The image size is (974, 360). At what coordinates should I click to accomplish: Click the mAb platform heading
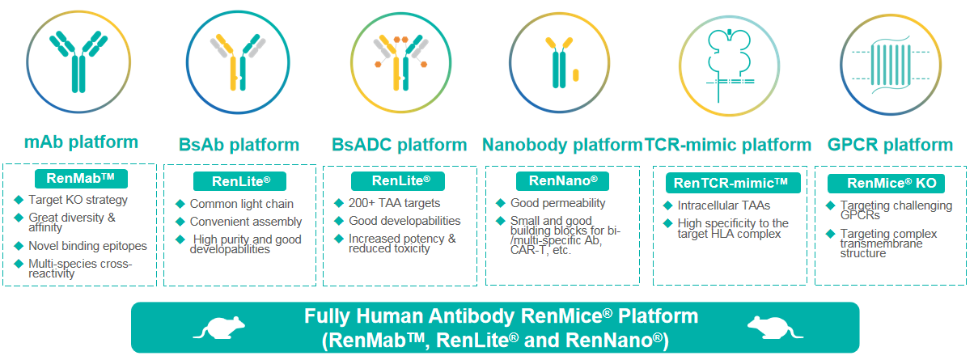pyautogui.click(x=82, y=142)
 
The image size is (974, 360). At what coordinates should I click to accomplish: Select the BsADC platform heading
pyautogui.click(x=399, y=145)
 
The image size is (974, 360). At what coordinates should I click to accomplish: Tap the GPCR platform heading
pyautogui.click(x=890, y=145)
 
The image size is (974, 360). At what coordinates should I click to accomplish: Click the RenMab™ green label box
pyautogui.click(x=81, y=179)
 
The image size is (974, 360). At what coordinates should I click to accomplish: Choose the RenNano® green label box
pyautogui.click(x=563, y=181)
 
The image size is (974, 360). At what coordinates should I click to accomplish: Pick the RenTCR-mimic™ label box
pyautogui.click(x=733, y=183)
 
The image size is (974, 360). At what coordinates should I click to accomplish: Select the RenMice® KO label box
pyautogui.click(x=886, y=183)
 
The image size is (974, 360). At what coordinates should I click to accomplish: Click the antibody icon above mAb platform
pyautogui.click(x=78, y=61)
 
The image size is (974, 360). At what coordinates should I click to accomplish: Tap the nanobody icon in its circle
pyautogui.click(x=564, y=62)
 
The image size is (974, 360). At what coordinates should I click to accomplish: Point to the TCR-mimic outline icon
pyautogui.click(x=729, y=66)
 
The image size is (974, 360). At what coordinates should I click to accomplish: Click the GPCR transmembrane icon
pyautogui.click(x=891, y=66)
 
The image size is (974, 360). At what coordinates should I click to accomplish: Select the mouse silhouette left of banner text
pyautogui.click(x=219, y=328)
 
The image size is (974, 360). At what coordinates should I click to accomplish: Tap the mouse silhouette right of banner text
pyautogui.click(x=775, y=328)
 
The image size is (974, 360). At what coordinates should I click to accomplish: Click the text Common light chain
pyautogui.click(x=242, y=204)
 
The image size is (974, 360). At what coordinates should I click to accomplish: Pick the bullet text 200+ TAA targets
pyautogui.click(x=395, y=203)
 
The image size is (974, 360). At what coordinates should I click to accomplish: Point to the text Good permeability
pyautogui.click(x=558, y=203)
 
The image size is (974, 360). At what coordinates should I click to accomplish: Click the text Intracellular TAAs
pyautogui.click(x=724, y=205)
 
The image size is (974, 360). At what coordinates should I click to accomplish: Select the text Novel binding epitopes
pyautogui.click(x=88, y=246)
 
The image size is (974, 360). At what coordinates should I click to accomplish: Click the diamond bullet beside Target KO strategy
pyautogui.click(x=19, y=200)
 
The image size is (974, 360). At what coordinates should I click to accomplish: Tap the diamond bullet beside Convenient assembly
pyautogui.click(x=180, y=222)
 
